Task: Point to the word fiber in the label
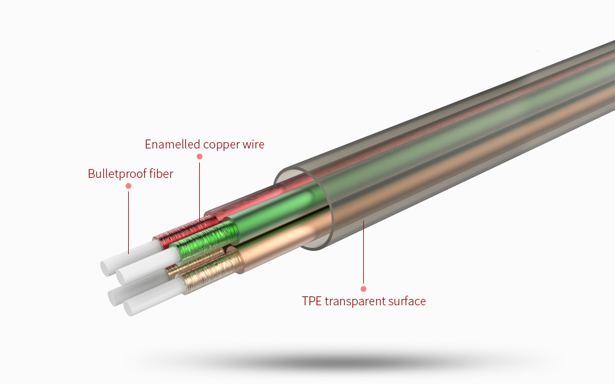coord(160,173)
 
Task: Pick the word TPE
coord(312,301)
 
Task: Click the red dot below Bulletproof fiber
coord(128,186)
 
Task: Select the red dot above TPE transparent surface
coord(363,289)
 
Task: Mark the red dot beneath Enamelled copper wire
coord(200,157)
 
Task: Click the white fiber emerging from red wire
coord(128,259)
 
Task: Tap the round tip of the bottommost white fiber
coord(129,309)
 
